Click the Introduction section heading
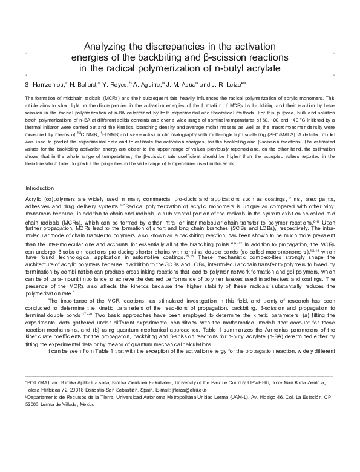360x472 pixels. tap(43, 188)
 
